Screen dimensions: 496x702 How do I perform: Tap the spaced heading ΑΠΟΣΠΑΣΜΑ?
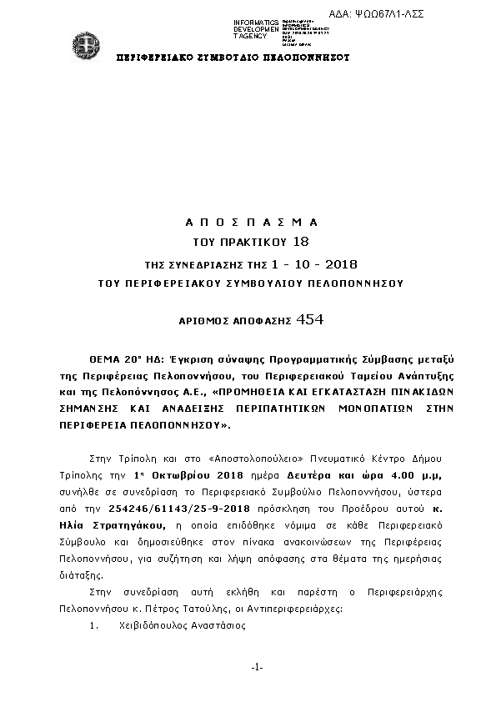point(250,223)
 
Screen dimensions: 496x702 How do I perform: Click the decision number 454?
point(309,319)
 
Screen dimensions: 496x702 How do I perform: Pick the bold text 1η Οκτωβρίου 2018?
point(176,474)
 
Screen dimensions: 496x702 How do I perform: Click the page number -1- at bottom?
point(257,667)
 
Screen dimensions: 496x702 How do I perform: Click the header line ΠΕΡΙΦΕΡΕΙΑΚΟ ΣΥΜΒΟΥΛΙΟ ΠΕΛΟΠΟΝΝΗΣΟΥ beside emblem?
point(233,58)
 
